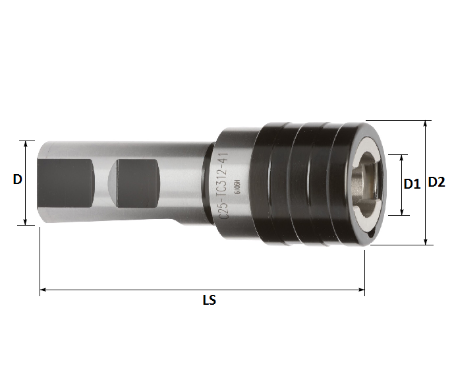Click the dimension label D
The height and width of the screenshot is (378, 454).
(18, 179)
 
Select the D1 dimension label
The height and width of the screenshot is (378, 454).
(412, 184)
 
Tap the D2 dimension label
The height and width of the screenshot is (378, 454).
(436, 182)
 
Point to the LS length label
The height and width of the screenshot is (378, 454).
(209, 301)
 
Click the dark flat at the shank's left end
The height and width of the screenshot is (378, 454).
(62, 183)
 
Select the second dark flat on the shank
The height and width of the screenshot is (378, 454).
(136, 183)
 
